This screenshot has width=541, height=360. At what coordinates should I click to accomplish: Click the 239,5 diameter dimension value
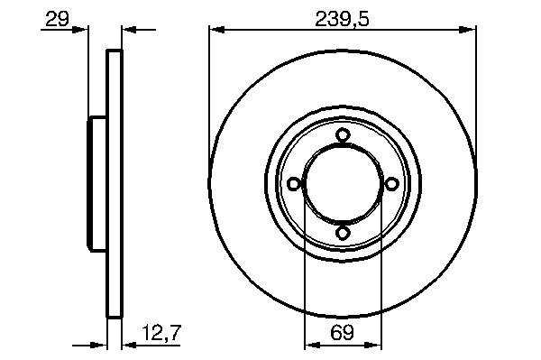click(342, 19)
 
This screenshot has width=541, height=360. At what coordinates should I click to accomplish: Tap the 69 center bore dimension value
click(343, 333)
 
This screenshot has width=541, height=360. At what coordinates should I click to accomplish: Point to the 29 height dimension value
click(57, 19)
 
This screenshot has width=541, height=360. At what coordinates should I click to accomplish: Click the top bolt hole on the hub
click(343, 134)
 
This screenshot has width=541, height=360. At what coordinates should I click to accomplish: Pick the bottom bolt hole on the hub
click(343, 233)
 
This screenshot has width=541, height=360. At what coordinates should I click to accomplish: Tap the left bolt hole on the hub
click(294, 184)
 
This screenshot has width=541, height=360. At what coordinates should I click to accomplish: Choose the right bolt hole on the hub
click(391, 184)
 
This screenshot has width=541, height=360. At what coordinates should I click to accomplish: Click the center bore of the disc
click(343, 184)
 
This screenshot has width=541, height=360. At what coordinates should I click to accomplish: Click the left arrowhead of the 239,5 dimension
click(217, 30)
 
